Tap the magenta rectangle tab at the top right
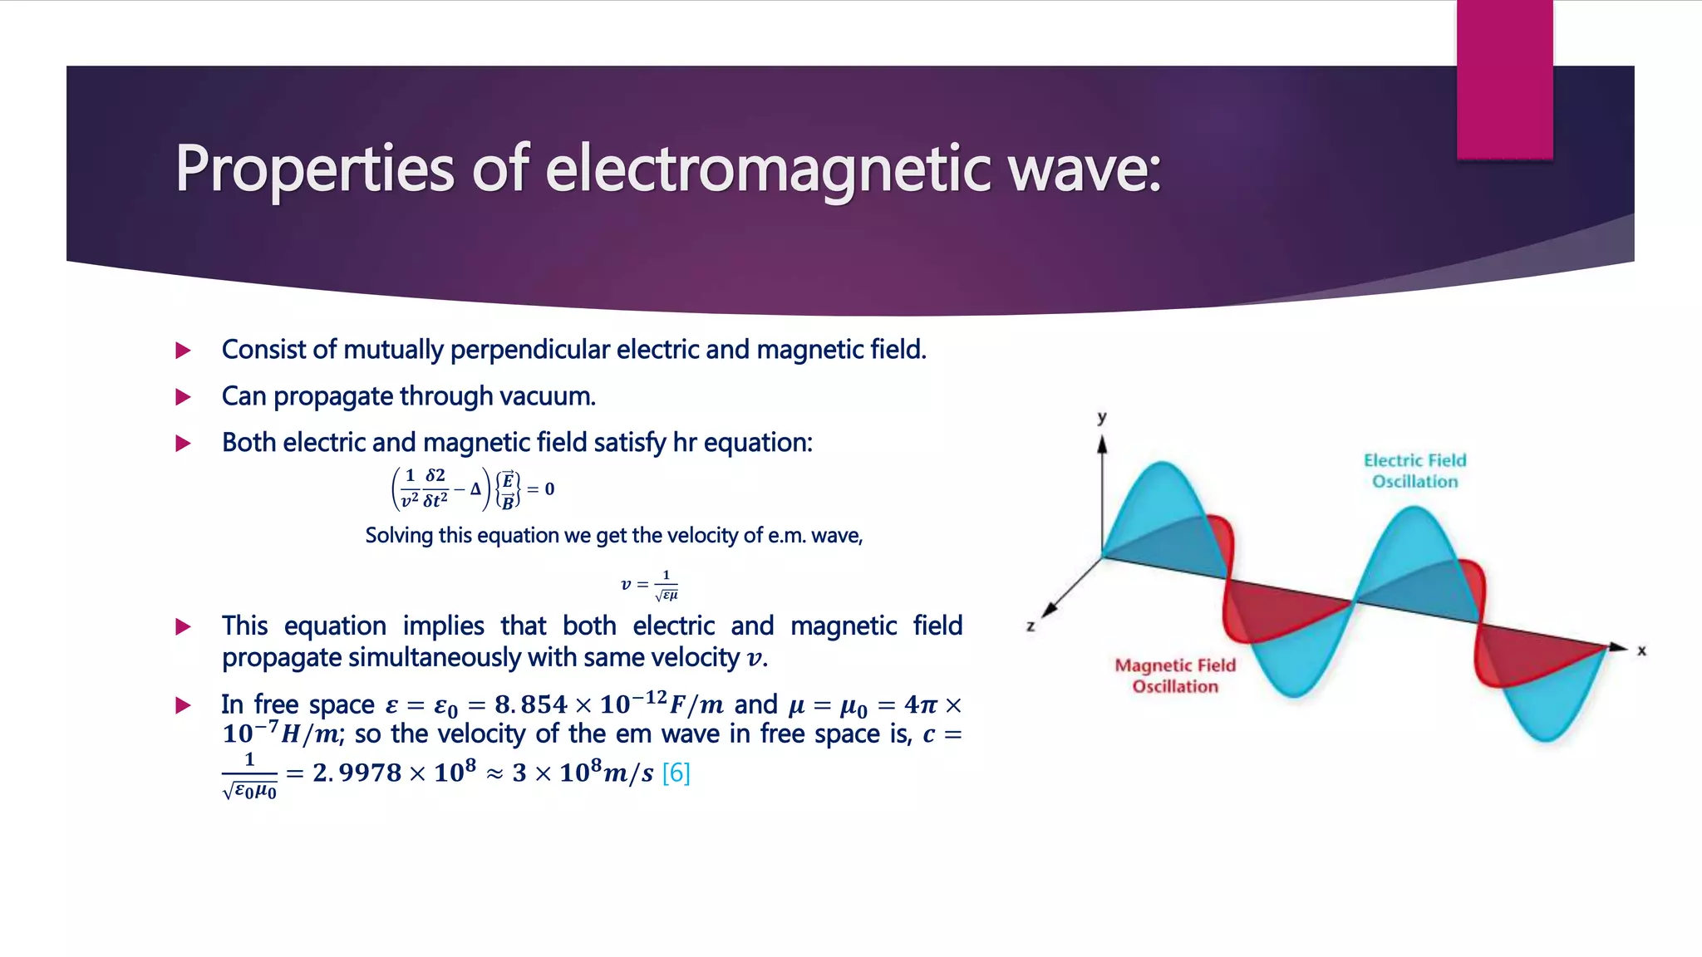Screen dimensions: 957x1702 click(1504, 80)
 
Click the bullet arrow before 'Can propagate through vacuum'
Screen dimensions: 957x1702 click(184, 397)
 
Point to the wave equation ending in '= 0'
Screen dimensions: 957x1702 click(473, 488)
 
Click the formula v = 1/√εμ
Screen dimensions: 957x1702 click(650, 585)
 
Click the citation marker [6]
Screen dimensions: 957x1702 click(676, 773)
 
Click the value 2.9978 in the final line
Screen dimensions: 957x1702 click(357, 773)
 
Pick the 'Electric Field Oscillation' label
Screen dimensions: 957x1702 click(1414, 471)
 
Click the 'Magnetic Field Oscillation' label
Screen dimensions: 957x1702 click(1175, 675)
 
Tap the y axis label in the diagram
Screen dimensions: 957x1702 click(1102, 417)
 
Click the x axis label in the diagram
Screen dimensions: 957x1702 click(1641, 650)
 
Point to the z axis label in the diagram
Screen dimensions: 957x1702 click(1031, 626)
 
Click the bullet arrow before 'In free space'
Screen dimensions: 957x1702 click(184, 706)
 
